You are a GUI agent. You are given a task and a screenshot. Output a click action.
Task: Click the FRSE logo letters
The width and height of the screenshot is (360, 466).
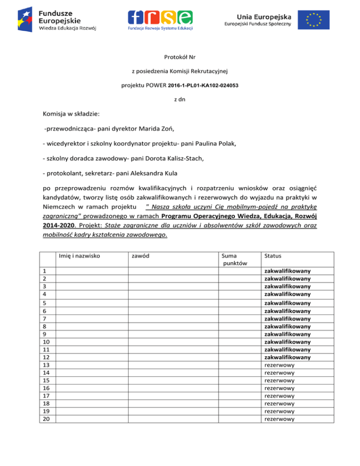click(160, 17)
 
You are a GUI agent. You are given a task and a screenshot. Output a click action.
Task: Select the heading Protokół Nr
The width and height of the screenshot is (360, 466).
click(180, 57)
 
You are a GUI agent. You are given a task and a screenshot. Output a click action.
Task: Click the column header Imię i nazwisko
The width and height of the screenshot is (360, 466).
click(80, 256)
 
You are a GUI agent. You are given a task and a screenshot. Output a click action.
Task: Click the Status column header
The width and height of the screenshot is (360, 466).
click(273, 256)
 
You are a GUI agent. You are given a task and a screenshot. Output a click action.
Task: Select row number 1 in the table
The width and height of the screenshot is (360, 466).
click(44, 271)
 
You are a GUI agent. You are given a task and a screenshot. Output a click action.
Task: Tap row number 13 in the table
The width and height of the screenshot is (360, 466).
click(46, 365)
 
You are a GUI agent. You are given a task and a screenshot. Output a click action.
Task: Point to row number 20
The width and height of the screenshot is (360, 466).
click(46, 419)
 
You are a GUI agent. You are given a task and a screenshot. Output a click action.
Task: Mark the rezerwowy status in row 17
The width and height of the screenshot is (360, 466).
click(279, 396)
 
